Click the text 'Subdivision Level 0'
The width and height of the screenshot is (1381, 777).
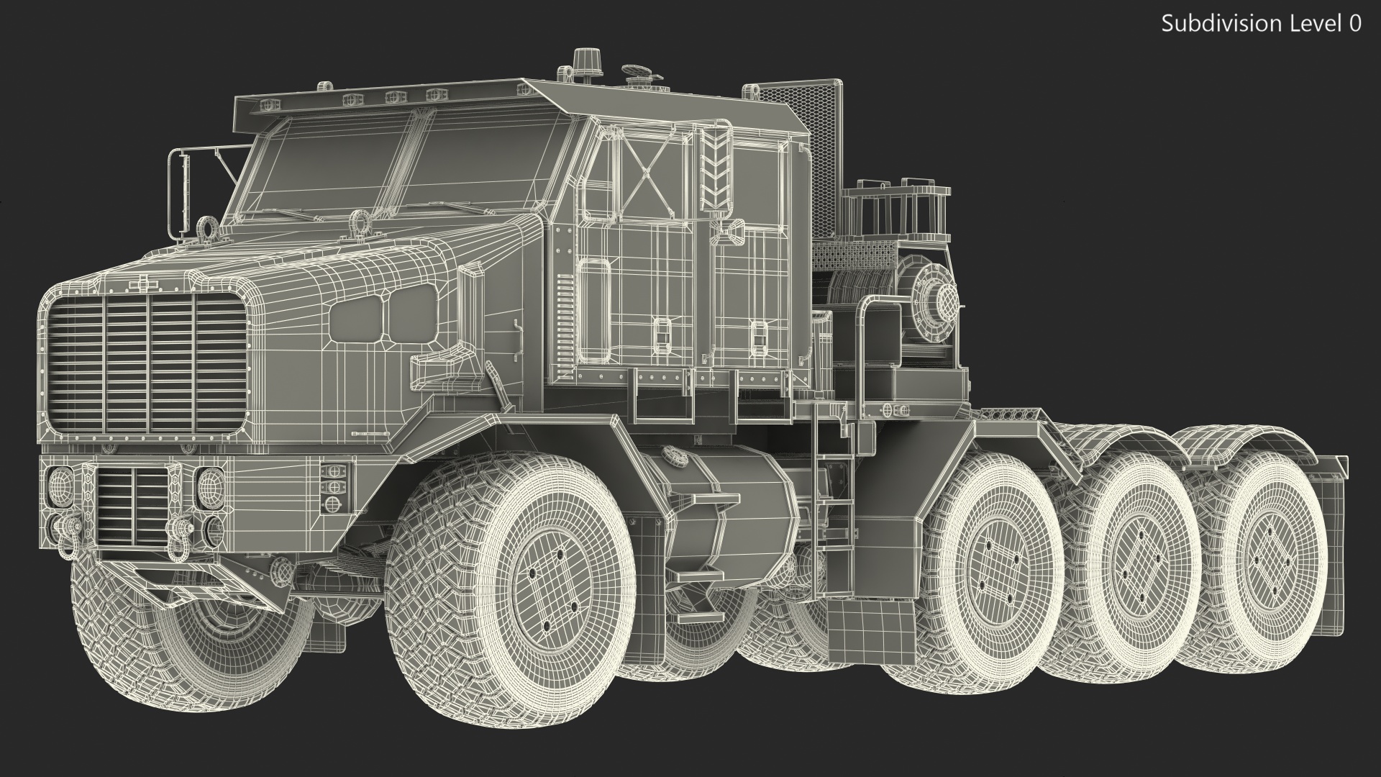(x=1261, y=24)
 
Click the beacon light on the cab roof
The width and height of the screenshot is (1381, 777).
(x=583, y=59)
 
